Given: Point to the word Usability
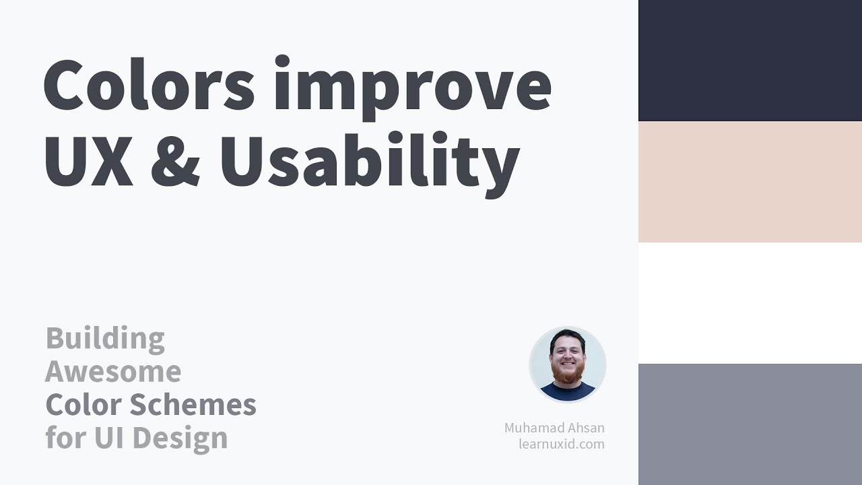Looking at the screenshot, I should coord(369,162).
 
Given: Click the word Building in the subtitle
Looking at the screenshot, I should coord(105,339).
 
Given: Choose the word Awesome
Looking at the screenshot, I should coord(113,371).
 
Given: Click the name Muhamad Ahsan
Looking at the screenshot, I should coord(554,428).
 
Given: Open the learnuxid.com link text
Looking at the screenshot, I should coord(561,444).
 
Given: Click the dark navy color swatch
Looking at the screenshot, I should coord(750,61).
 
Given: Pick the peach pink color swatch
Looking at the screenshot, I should coord(750,182).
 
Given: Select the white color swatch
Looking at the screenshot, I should coord(750,303).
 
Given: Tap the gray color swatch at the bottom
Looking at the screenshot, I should coord(750,424).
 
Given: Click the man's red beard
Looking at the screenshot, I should coord(567,375).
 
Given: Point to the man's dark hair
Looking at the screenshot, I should coord(567,335).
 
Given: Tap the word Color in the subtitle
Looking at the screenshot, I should coord(84,405).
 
